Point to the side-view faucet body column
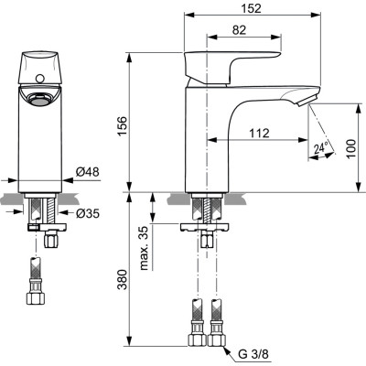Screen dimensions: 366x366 point(205,137)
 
